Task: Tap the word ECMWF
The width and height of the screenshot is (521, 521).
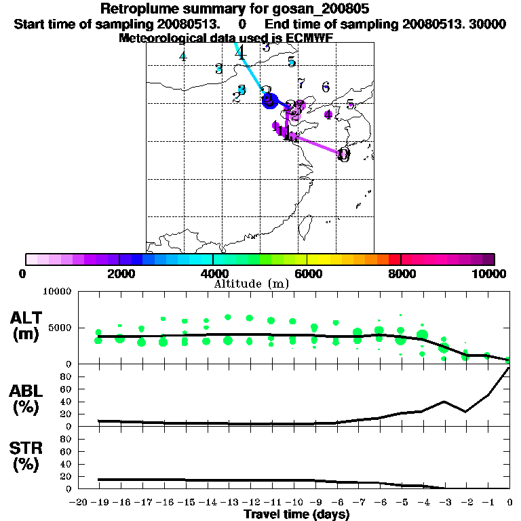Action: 309,38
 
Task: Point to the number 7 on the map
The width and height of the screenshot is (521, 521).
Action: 301,83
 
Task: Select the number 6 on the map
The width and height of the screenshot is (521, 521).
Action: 326,87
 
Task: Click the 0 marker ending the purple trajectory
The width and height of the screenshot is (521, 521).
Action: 343,155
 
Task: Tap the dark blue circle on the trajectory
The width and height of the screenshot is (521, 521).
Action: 269,100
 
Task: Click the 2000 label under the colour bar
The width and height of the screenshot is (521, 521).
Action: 119,274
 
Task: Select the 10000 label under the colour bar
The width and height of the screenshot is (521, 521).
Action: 491,274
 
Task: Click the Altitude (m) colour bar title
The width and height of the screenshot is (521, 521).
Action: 252,284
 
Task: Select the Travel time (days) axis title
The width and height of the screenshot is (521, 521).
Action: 296,515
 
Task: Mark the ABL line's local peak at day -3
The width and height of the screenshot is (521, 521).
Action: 444,401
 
